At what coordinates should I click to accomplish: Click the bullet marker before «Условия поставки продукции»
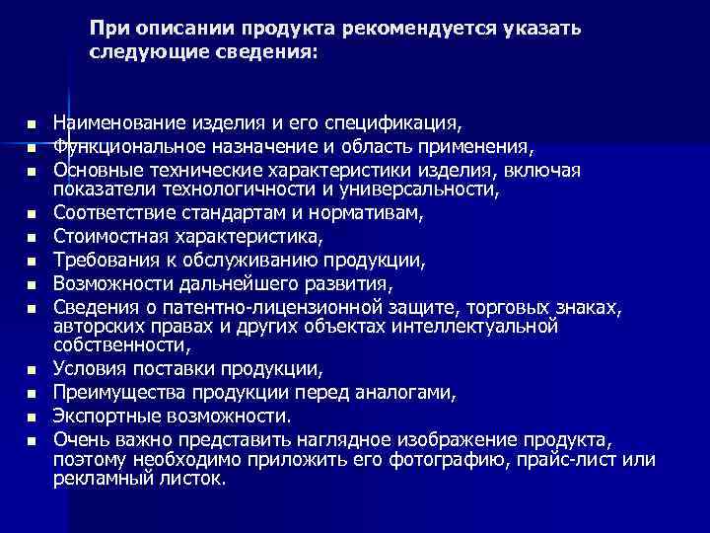point(32,371)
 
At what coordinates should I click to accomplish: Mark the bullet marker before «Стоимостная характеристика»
point(32,237)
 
